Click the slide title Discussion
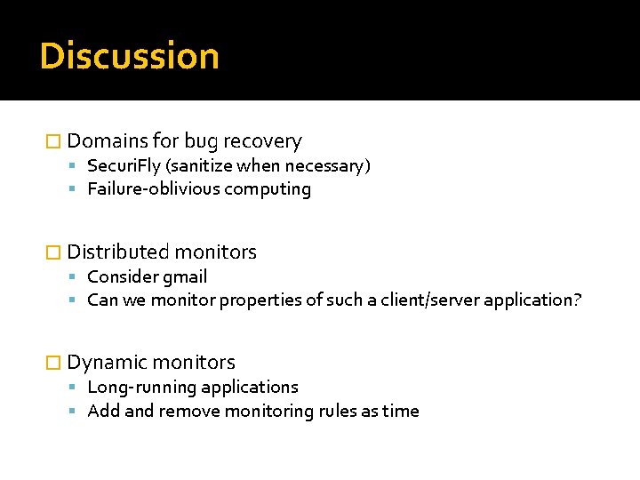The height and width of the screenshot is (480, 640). pos(129,56)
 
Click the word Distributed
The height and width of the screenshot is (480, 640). pos(118,252)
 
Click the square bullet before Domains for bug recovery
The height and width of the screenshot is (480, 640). pos(52,141)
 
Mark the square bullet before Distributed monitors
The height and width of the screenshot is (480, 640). pos(52,252)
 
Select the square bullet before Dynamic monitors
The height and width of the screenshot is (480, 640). pos(52,363)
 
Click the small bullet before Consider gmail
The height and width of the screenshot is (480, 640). pos(76,277)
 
